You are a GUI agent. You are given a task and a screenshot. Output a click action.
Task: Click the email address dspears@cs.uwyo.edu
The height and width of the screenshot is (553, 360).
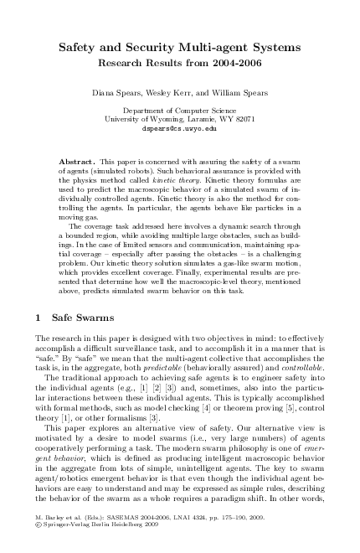181,130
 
